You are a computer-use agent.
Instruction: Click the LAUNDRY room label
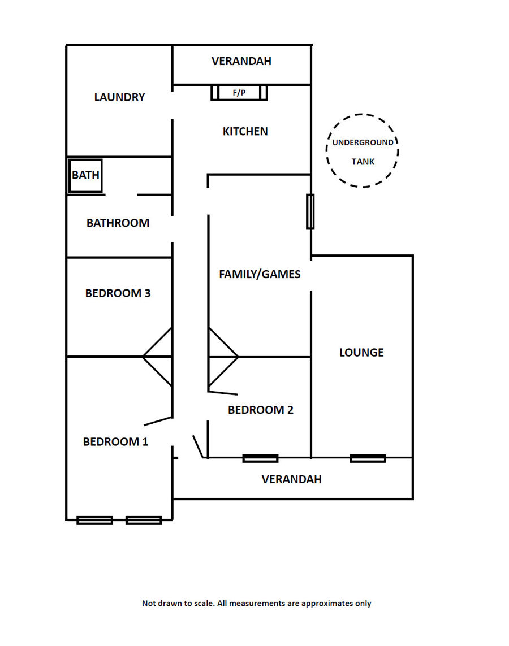coord(119,97)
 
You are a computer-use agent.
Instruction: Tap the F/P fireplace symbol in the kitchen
coord(239,93)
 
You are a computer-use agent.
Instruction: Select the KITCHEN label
coord(245,132)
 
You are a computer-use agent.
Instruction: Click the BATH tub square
coord(85,175)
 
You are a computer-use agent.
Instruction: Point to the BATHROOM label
coord(118,223)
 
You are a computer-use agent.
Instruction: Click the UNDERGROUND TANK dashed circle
coord(363,151)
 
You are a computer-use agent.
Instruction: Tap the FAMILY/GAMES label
coord(260,275)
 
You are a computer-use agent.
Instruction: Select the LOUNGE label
coord(361,353)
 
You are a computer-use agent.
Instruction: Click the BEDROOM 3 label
coord(118,293)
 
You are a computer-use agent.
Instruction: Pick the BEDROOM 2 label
coord(260,410)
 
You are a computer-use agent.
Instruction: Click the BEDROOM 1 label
coord(115,442)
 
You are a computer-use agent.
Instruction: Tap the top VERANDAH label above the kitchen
coord(241,61)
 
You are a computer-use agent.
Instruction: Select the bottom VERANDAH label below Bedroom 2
coord(291,479)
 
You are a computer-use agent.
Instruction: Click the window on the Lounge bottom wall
coord(368,458)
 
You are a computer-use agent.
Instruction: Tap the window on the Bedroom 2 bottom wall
coord(260,458)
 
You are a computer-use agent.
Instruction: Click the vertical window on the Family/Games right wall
coord(310,211)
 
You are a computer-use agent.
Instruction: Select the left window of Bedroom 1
coord(94,520)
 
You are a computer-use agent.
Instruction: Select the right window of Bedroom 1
coord(144,520)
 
